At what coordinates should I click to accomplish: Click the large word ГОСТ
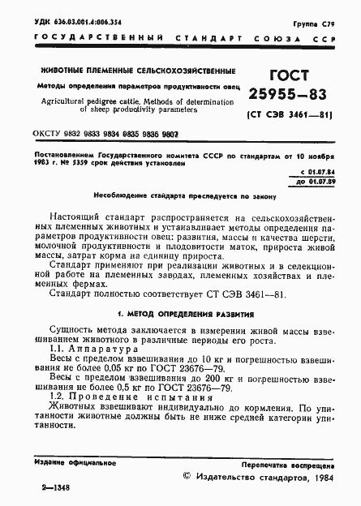click(280, 76)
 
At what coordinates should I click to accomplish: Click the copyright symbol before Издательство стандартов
click(189, 477)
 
